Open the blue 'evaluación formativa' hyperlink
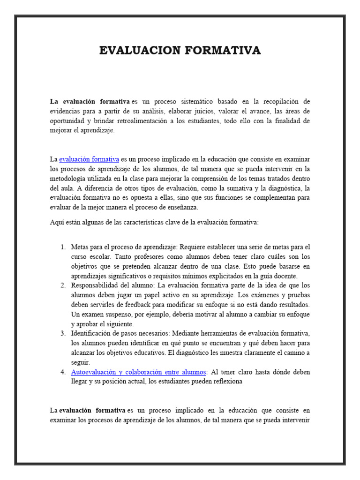pyautogui.click(x=89, y=159)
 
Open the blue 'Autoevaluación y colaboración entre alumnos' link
pyautogui.click(x=138, y=372)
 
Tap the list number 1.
pyautogui.click(x=63, y=247)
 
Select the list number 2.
pyautogui.click(x=63, y=285)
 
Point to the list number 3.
pyautogui.click(x=63, y=333)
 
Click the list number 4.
pyautogui.click(x=63, y=372)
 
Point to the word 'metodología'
pyautogui.click(x=69, y=179)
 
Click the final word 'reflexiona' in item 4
pyautogui.click(x=227, y=382)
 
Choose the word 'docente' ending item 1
pyautogui.click(x=285, y=276)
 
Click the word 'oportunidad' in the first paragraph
pyautogui.click(x=68, y=121)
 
